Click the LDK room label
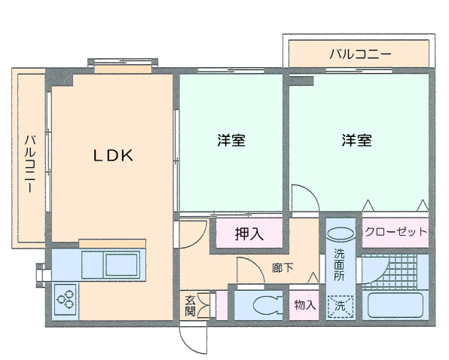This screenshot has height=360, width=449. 114,155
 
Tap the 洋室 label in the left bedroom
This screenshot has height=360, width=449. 231,140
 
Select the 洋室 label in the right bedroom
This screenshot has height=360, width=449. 356,140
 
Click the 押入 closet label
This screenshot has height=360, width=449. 249,233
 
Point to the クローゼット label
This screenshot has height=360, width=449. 396,231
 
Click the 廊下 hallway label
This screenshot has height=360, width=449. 283,268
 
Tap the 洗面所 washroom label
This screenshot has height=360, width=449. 339,264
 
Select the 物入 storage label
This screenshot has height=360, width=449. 305,305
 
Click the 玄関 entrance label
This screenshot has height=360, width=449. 190,306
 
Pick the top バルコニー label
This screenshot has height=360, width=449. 360,53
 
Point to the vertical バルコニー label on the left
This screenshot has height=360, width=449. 30,163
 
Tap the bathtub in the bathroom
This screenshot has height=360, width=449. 396,305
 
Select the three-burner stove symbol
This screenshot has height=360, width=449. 66,300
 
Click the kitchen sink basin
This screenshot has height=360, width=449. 122,264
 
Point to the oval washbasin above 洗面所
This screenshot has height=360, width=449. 341,233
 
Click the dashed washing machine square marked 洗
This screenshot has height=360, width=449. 341,307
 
